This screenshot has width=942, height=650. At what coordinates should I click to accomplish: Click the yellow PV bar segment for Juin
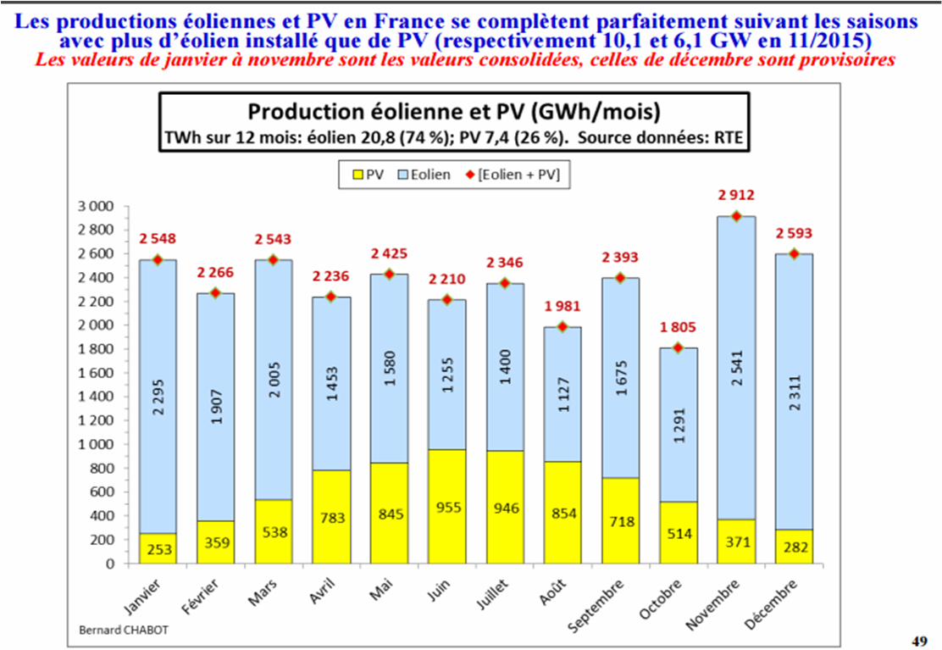(x=446, y=506)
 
